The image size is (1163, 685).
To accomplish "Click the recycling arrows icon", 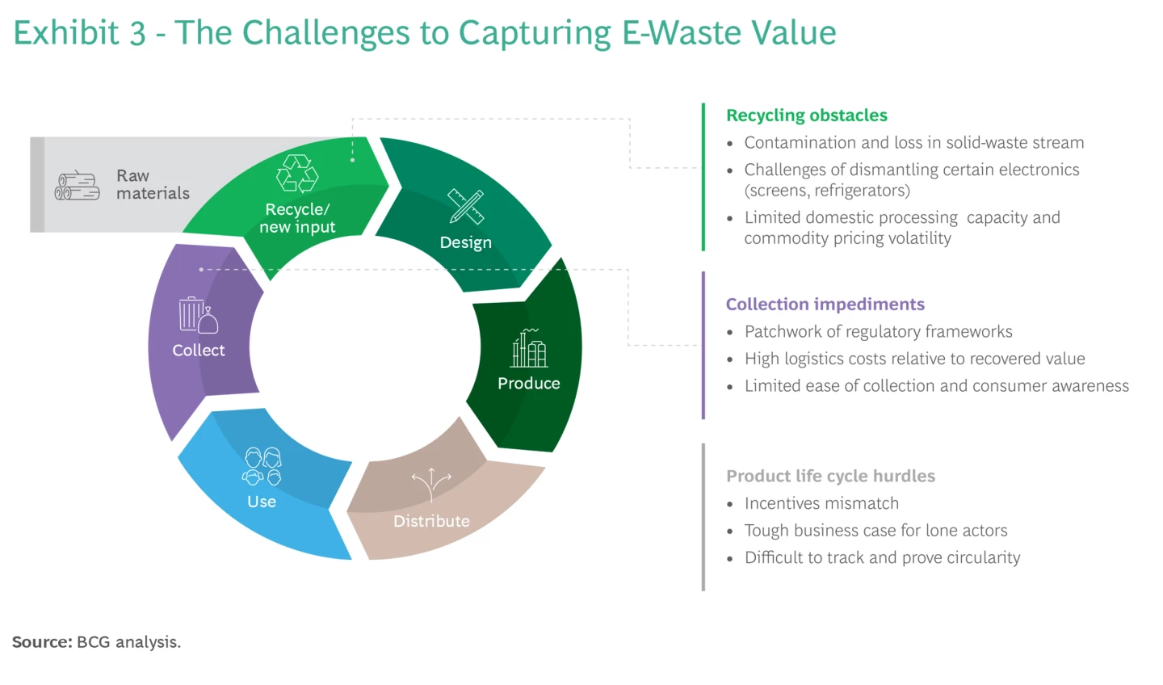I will [297, 173].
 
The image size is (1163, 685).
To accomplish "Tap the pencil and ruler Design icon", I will [466, 207].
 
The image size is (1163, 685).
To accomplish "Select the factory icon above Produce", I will [529, 348].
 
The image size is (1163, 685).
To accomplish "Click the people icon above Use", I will [262, 466].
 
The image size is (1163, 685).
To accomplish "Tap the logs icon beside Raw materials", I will [78, 186].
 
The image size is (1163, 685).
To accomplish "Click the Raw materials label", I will [153, 184].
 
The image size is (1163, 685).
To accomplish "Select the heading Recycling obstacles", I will [806, 116].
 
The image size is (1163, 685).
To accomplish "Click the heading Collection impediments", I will [825, 305].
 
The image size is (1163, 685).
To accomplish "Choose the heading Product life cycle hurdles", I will [830, 477].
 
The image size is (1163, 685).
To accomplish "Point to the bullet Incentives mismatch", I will [821, 504].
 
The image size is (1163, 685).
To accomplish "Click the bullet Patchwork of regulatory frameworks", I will [878, 332].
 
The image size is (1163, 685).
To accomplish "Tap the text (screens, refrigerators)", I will [827, 191].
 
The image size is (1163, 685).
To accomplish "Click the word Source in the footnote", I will [41, 642].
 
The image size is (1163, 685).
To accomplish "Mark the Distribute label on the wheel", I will [431, 522].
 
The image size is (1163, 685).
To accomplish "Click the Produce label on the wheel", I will [529, 384].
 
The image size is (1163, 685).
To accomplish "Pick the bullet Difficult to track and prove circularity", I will [882, 558].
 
